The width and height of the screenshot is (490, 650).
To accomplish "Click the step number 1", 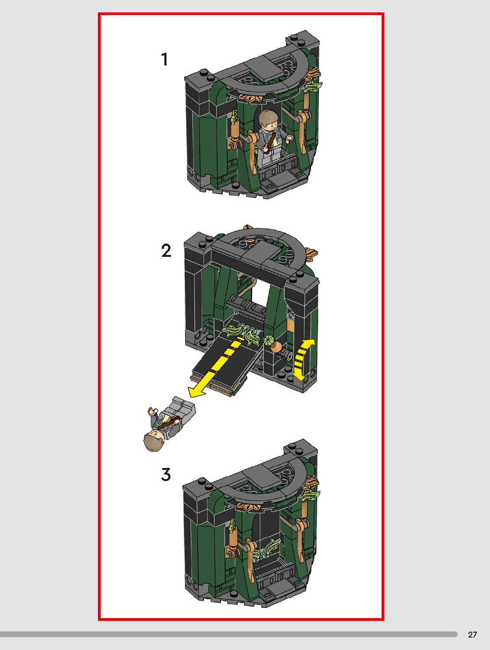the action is click(x=165, y=59).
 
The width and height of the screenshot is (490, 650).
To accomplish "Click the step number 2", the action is click(x=166, y=251).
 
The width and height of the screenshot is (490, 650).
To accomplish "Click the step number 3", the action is click(x=166, y=474).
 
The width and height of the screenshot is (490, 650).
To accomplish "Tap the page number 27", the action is click(x=473, y=635).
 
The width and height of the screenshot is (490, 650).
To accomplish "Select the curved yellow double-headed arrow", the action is click(x=302, y=360).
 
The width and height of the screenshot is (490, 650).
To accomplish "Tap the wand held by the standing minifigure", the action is click(x=271, y=143).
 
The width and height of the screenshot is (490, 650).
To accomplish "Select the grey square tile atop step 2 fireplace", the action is click(x=260, y=251).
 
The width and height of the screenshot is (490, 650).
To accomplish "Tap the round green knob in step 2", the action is click(x=269, y=340).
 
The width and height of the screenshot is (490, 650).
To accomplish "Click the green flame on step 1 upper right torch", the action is click(x=315, y=86).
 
